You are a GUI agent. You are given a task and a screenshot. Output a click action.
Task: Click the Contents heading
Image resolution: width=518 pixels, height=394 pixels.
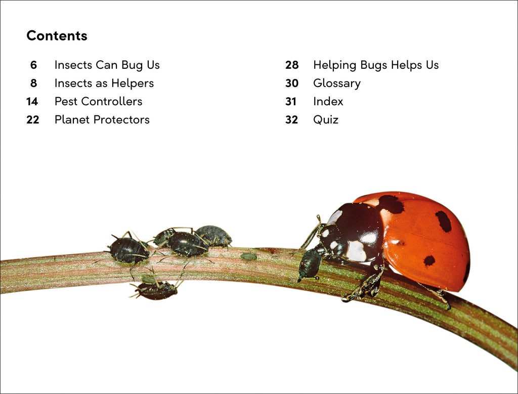coord(57,36)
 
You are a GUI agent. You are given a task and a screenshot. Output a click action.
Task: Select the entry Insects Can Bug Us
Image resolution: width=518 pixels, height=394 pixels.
coord(107,65)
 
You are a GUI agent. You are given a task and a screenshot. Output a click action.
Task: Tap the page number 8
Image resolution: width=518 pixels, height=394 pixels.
coord(33,83)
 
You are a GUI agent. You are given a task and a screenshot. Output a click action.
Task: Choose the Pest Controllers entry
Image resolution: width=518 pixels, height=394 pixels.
coord(98,102)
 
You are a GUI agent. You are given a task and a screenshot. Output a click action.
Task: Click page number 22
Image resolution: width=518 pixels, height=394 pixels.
coord(32,120)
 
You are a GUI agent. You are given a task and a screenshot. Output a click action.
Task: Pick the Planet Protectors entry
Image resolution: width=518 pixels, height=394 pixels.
coord(102,120)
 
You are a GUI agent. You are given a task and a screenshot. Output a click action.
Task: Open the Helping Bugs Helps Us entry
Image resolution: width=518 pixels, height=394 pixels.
coord(375,65)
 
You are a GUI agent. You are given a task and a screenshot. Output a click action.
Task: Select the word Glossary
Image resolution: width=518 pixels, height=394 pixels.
coord(336,83)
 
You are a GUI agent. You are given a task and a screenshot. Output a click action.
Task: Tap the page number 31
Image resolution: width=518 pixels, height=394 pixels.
coord(291,102)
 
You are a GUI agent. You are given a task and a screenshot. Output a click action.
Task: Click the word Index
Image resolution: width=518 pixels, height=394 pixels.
coord(328,102)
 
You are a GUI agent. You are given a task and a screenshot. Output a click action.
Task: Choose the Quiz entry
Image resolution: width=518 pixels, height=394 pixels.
coord(325,120)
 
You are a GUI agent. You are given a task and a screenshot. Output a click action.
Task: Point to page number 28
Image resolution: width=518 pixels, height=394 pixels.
coord(292,65)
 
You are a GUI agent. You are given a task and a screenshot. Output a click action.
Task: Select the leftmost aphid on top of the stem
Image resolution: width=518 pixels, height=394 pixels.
coord(128,249)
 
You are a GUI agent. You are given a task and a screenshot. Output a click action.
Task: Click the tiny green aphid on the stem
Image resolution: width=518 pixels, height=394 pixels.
coord(248,256)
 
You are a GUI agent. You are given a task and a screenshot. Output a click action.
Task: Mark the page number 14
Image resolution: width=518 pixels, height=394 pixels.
coord(32,102)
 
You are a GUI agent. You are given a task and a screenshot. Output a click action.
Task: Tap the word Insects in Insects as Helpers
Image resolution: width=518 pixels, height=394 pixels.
coord(73,83)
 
